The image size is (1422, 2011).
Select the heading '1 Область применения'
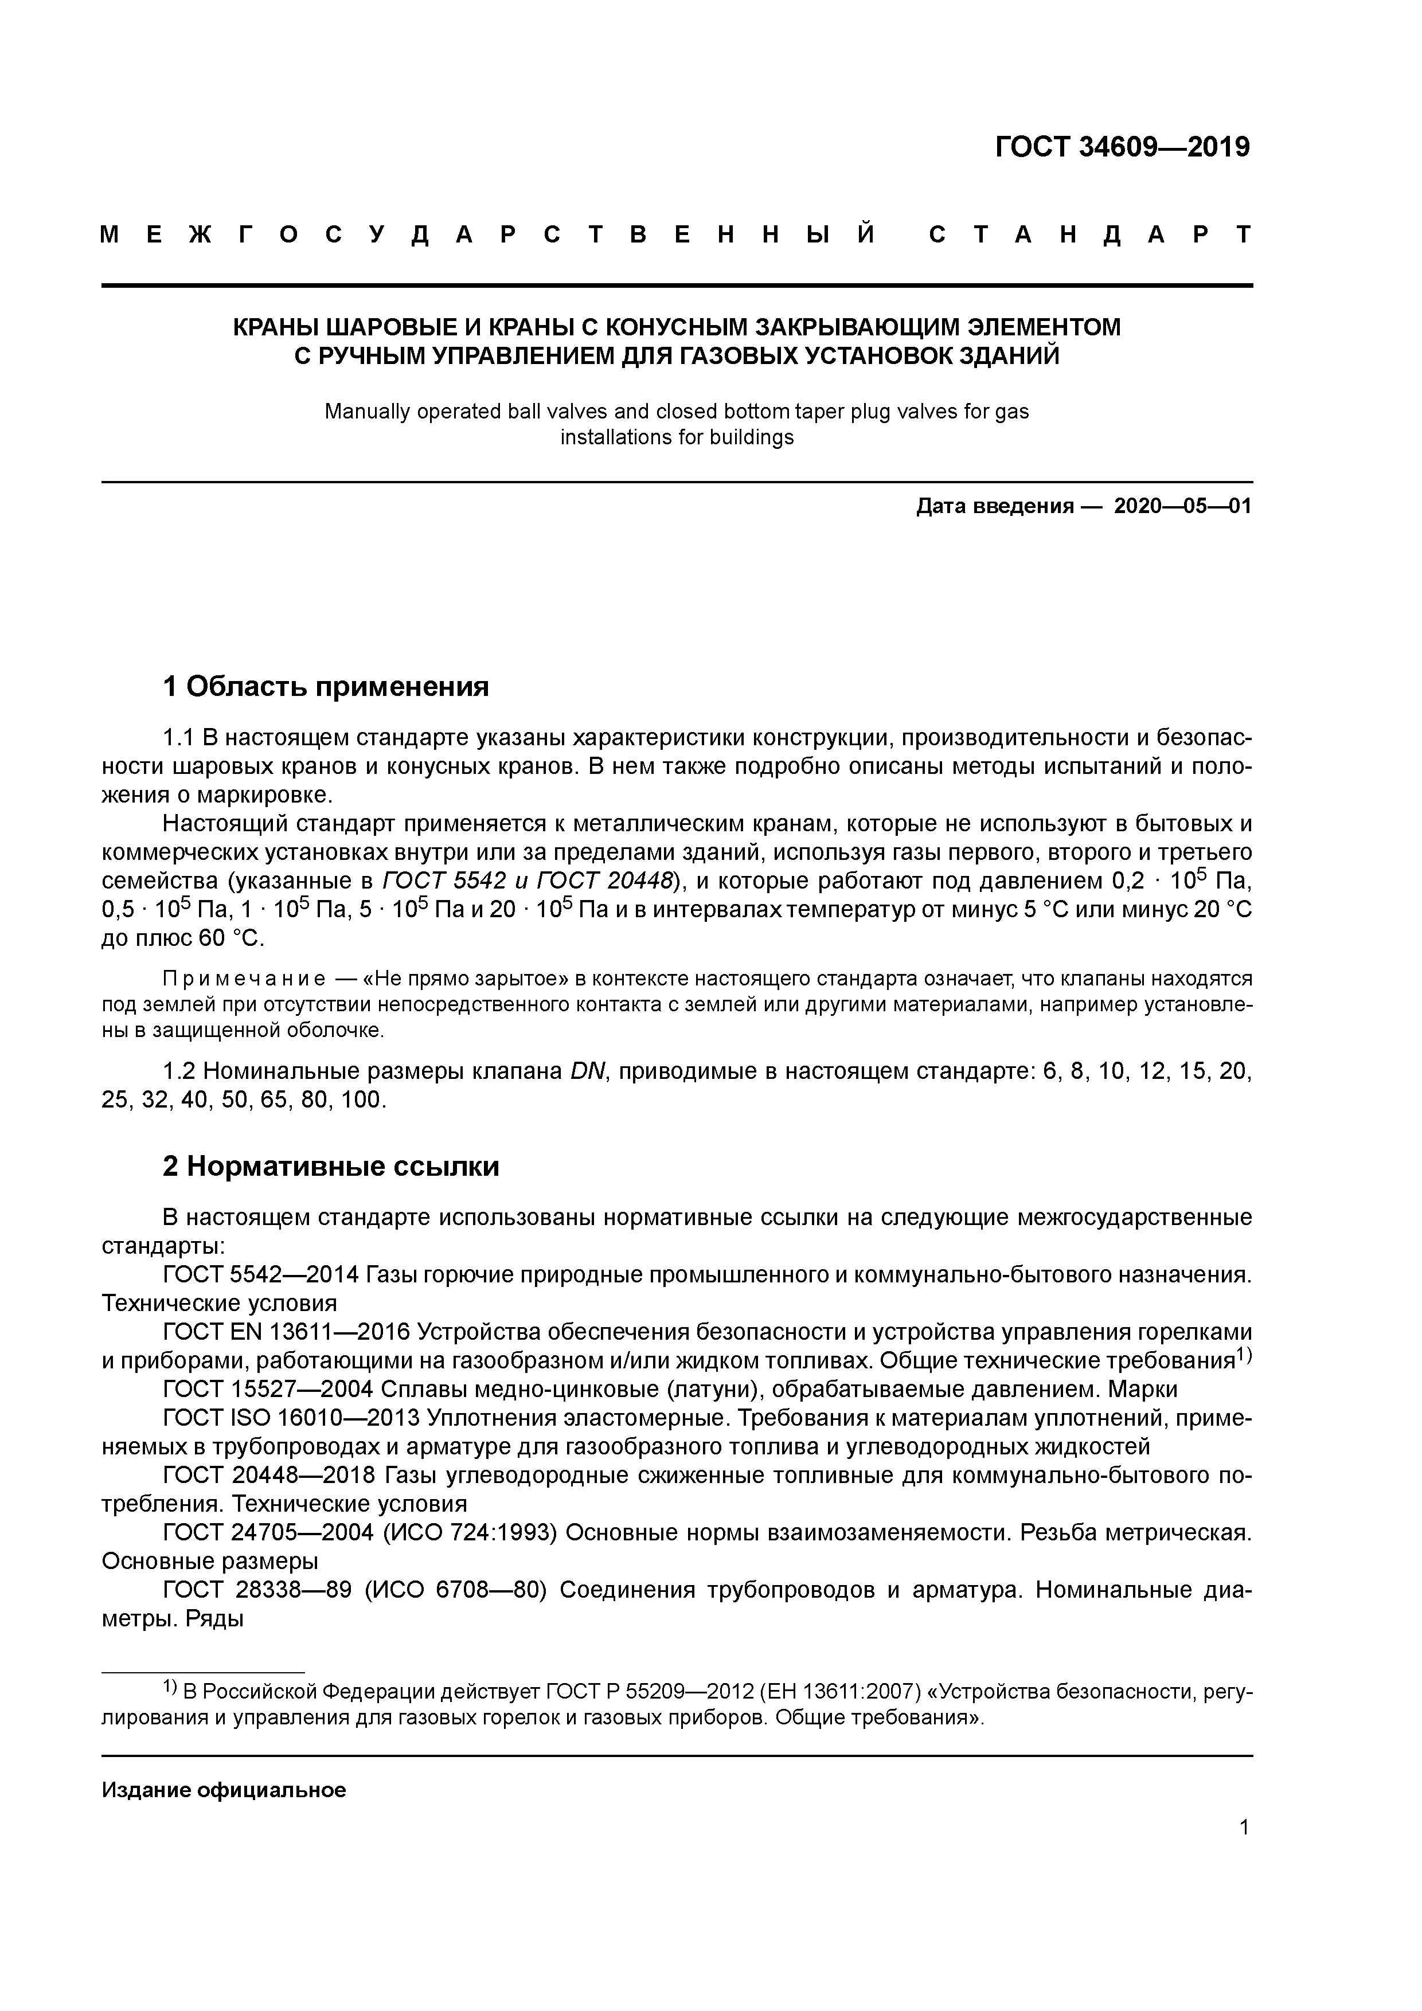[325, 687]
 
